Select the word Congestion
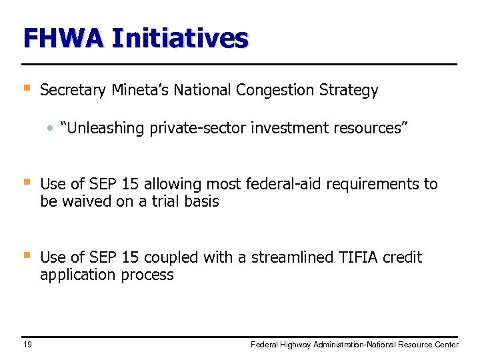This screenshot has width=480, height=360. coord(271,90)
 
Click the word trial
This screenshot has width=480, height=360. coord(159,201)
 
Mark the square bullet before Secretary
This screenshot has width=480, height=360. coord(26,88)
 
